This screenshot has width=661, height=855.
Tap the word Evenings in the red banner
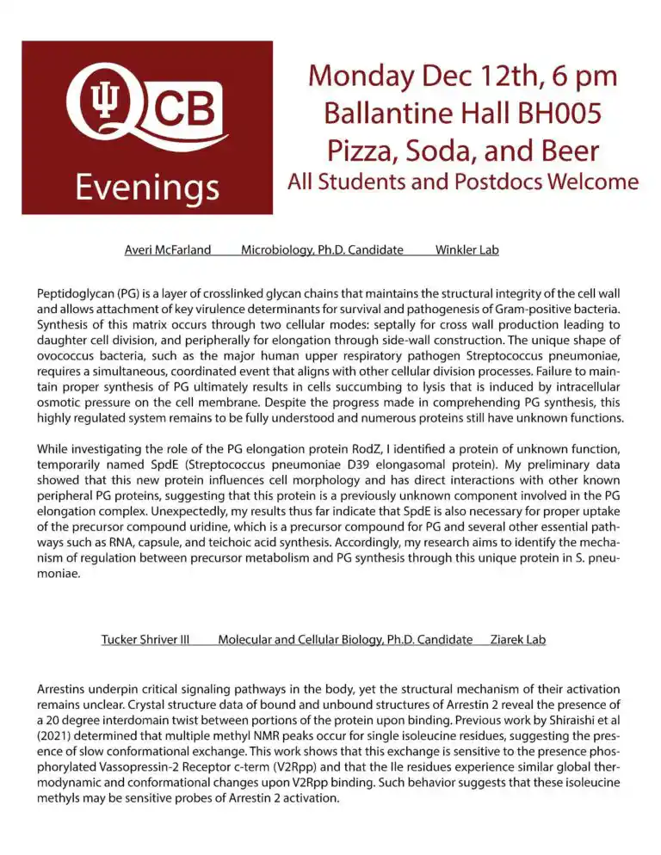click(x=146, y=186)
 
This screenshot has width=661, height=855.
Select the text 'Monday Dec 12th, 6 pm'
click(x=462, y=76)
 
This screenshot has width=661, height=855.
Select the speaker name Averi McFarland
click(x=168, y=250)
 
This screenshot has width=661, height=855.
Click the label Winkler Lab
click(x=467, y=250)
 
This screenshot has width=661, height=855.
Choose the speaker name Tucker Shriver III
click(x=145, y=639)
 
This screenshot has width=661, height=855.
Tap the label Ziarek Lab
click(x=517, y=639)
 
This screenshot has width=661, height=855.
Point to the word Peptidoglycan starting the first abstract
click(x=77, y=293)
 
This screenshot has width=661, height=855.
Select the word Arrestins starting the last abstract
click(x=65, y=689)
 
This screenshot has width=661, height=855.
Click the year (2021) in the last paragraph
click(x=59, y=735)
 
